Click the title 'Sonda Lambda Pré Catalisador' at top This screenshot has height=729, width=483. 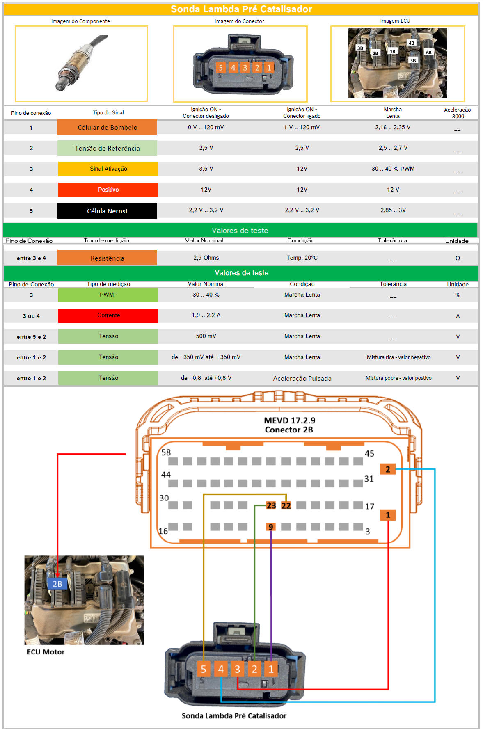241,9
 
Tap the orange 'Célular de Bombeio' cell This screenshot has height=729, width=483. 107,127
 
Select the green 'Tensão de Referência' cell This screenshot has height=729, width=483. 107,148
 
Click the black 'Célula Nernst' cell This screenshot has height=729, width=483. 107,211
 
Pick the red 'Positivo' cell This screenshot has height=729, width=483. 108,190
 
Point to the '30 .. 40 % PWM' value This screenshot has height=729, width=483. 393,169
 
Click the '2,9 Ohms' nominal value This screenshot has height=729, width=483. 206,258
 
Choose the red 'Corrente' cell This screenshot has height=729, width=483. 108,315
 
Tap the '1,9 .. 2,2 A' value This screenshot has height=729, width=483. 206,315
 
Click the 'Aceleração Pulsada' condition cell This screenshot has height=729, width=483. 302,378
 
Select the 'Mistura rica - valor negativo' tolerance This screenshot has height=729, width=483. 399,357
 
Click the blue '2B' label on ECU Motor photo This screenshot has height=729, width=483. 57,584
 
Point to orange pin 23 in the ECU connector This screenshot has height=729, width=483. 271,505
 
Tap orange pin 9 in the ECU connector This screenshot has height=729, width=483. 270,527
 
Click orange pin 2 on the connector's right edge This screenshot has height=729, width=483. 388,469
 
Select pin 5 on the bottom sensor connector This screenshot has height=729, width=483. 204,669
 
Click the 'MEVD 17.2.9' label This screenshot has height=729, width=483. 289,420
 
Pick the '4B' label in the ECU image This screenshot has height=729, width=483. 412,43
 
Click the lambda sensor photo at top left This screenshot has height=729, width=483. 81,63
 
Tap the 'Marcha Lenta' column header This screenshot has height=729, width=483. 393,112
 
